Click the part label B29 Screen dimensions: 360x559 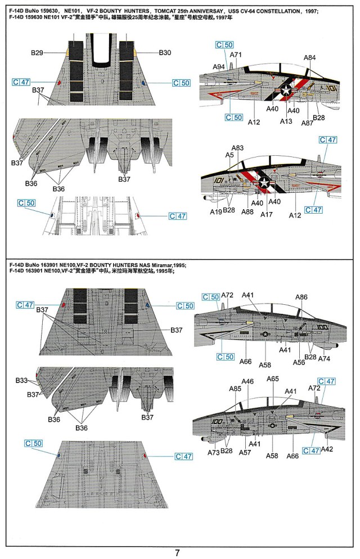37,53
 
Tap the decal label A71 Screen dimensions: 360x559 236,55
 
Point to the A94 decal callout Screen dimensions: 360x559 219,67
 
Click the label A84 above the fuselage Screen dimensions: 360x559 309,58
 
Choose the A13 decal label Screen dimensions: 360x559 286,121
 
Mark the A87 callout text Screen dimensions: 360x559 307,123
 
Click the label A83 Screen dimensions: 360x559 237,148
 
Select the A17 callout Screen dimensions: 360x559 267,215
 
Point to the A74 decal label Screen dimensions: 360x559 325,359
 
